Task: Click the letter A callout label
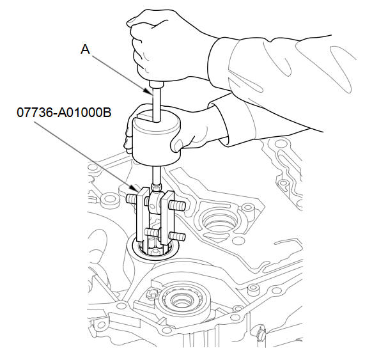(85, 50)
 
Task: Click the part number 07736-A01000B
(64, 113)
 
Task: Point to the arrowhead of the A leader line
(149, 92)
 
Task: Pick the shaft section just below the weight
(157, 175)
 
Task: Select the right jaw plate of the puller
(167, 218)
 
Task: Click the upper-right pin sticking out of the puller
(177, 205)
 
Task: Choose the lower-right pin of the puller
(177, 236)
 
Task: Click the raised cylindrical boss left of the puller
(110, 201)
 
